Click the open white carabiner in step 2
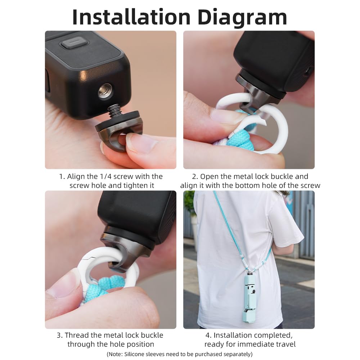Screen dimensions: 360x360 274,126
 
